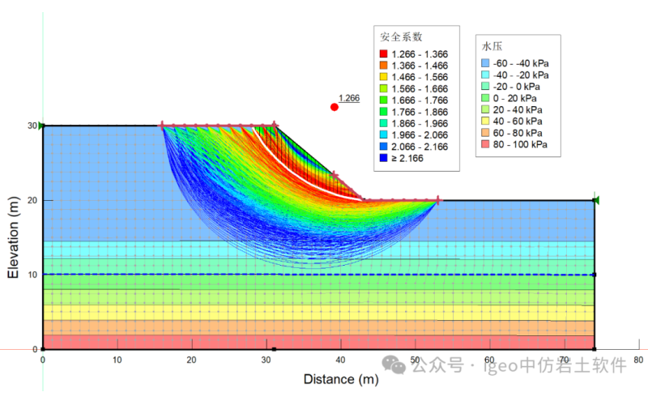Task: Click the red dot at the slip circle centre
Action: (335, 107)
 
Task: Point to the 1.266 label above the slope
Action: (349, 98)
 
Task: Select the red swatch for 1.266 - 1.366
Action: (384, 53)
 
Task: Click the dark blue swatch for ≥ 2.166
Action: (384, 159)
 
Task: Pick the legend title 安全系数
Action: (400, 36)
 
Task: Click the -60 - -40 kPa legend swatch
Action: (485, 62)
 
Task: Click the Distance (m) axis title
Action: (341, 379)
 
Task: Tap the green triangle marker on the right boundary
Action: (595, 200)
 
